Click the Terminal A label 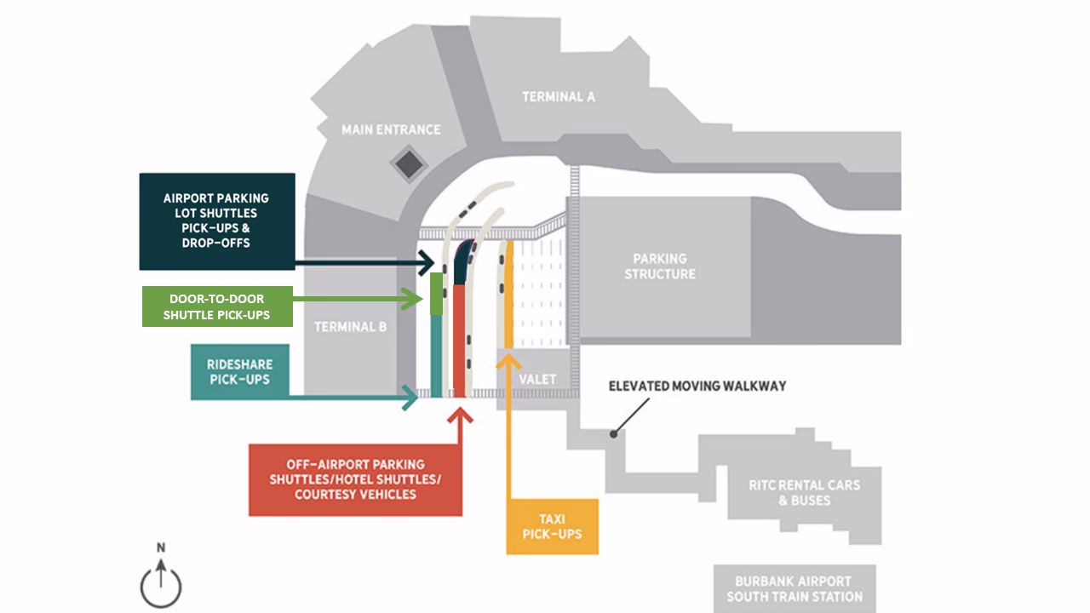[558, 97]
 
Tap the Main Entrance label [391, 129]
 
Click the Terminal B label [351, 327]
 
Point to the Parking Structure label [660, 266]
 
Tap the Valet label [536, 379]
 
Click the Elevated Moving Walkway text [697, 386]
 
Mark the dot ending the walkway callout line [613, 433]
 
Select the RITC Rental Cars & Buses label [804, 492]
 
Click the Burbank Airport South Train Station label [794, 589]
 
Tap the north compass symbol [161, 585]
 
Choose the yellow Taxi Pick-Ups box [552, 526]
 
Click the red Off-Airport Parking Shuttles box [355, 479]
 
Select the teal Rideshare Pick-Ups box [239, 372]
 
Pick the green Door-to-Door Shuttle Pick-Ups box [217, 306]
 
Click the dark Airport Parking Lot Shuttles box [216, 221]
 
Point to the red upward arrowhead [461, 416]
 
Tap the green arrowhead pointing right [415, 299]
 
